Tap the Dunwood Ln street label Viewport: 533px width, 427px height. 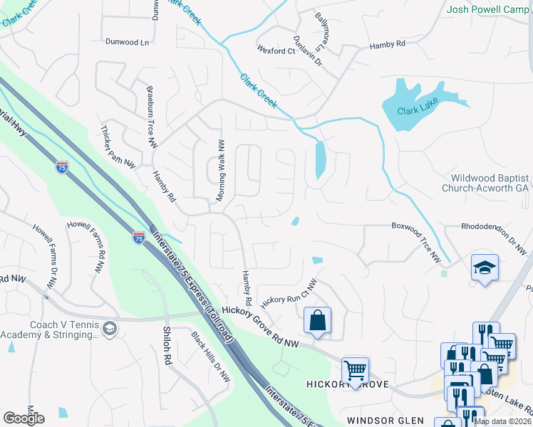coord(128,43)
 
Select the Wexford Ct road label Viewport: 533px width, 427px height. coord(276,51)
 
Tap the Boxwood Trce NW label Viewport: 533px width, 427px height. coord(416,243)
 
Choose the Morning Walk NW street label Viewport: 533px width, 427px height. coord(221,169)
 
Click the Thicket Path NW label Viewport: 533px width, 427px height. coord(118,147)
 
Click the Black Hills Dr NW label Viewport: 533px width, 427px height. coord(211,357)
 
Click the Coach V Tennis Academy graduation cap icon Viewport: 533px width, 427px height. coord(109,329)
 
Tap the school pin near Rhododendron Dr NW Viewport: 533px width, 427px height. coord(485,268)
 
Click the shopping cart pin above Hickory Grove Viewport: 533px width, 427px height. coord(355,369)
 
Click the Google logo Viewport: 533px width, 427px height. coord(24,418)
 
